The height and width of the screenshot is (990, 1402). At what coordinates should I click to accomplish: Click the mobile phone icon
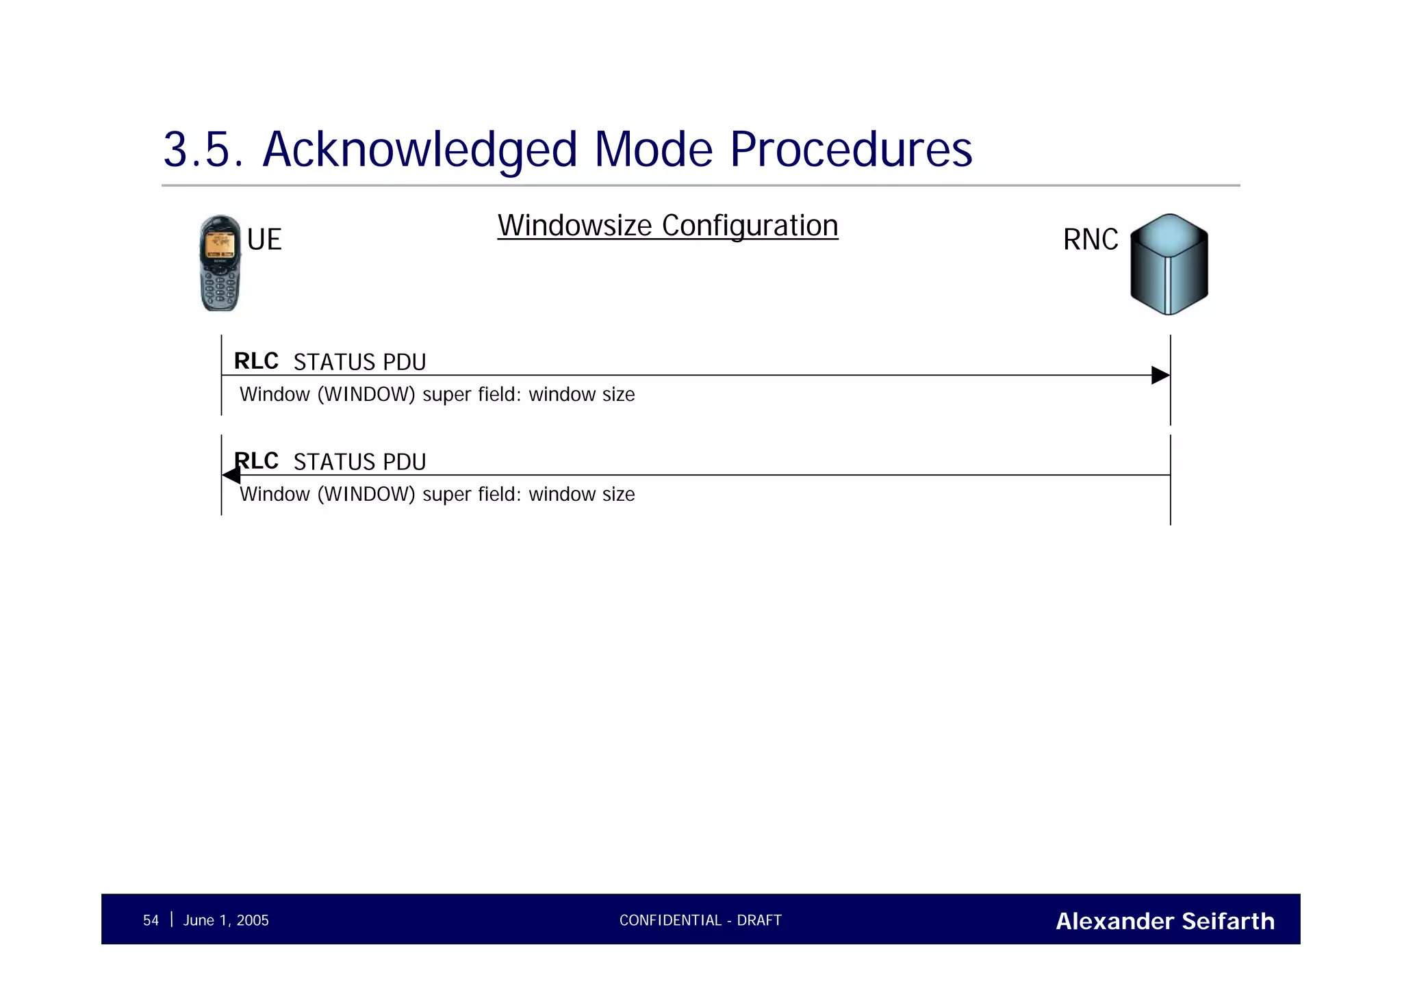pyautogui.click(x=220, y=264)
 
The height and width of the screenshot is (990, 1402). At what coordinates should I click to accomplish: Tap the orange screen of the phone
pyautogui.click(x=220, y=244)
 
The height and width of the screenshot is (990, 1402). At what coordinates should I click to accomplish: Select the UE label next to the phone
pyautogui.click(x=264, y=240)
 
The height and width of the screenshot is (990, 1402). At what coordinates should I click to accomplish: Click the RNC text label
pyautogui.click(x=1090, y=240)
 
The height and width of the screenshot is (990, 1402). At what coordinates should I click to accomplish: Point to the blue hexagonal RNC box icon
pyautogui.click(x=1169, y=265)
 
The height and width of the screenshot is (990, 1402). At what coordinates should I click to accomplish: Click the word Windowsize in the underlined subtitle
pyautogui.click(x=574, y=226)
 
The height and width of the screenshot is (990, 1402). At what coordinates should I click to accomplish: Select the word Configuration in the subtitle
pyautogui.click(x=750, y=226)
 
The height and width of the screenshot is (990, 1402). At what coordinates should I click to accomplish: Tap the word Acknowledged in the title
pyautogui.click(x=420, y=150)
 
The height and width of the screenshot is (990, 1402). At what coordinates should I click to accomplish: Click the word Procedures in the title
pyautogui.click(x=851, y=150)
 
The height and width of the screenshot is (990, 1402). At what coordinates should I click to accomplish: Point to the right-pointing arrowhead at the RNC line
pyautogui.click(x=1160, y=376)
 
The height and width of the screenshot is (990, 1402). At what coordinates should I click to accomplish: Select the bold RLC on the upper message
pyautogui.click(x=256, y=361)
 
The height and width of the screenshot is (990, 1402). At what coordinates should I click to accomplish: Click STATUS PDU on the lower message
pyautogui.click(x=359, y=463)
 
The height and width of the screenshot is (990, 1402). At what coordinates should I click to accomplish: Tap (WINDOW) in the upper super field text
pyautogui.click(x=366, y=395)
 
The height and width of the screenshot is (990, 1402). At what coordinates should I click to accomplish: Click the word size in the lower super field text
pyautogui.click(x=618, y=495)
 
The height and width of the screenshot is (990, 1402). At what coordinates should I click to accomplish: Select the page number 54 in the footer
pyautogui.click(x=151, y=921)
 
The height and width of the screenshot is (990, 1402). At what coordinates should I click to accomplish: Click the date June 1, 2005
pyautogui.click(x=226, y=921)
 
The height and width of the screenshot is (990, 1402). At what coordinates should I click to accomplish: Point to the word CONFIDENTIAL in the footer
pyautogui.click(x=670, y=921)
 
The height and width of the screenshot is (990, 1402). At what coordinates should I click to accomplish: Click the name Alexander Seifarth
pyautogui.click(x=1164, y=922)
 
